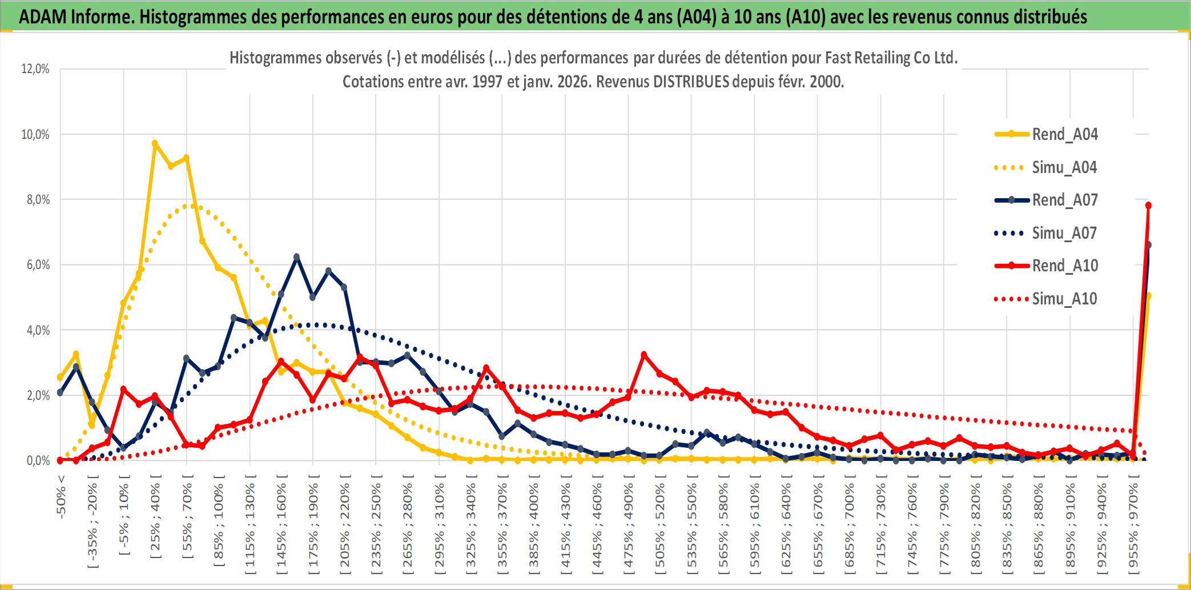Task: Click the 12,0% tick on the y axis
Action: point(35,69)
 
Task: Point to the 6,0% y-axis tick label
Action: point(38,265)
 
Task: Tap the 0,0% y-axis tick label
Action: point(38,461)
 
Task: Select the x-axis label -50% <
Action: point(61,496)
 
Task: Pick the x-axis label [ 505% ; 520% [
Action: point(660,525)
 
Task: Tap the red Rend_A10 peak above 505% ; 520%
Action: point(644,355)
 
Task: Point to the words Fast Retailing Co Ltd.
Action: point(891,58)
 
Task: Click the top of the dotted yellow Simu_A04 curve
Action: point(187,206)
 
